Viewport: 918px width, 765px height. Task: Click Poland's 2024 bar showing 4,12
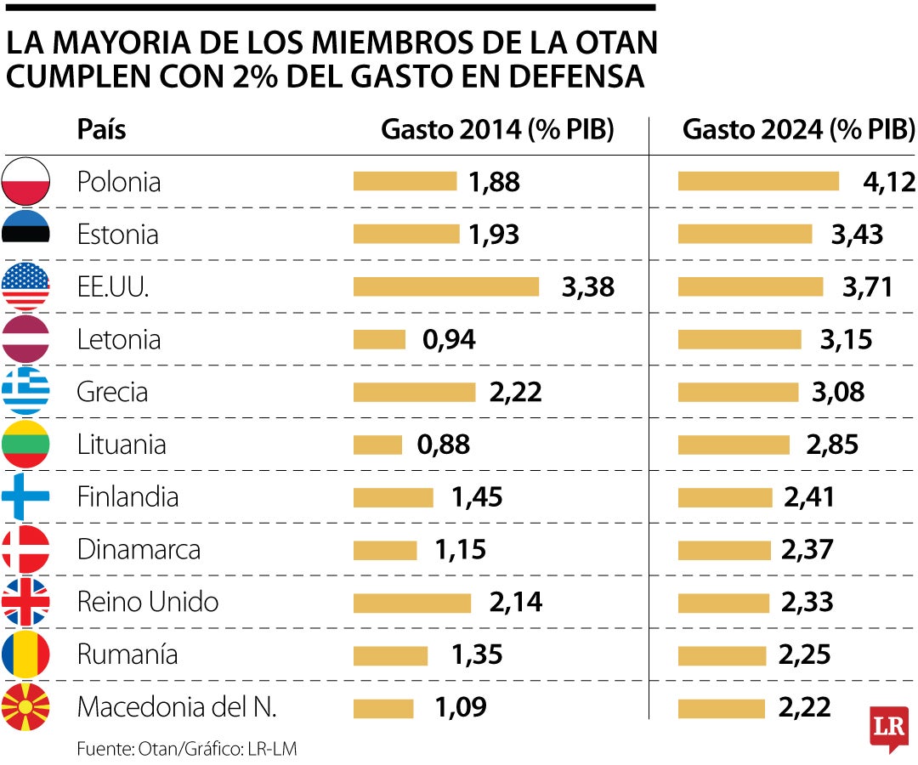click(x=758, y=181)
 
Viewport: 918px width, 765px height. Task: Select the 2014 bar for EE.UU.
click(x=445, y=286)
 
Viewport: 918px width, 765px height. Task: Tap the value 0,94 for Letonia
click(x=449, y=339)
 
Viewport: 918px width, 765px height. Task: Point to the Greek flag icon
click(x=25, y=391)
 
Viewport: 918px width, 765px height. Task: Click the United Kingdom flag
click(x=25, y=602)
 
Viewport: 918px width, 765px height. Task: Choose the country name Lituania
click(x=122, y=445)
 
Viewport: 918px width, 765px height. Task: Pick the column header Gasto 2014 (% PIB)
click(x=497, y=129)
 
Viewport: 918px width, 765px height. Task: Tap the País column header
click(x=101, y=129)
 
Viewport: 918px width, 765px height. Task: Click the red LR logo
click(x=889, y=728)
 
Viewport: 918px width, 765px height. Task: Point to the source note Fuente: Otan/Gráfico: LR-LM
click(x=187, y=749)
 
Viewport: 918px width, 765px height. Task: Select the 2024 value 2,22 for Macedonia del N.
click(x=804, y=707)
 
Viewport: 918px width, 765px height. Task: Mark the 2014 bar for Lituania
click(x=377, y=445)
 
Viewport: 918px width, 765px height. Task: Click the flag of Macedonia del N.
click(x=25, y=707)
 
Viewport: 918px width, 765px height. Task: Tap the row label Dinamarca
click(x=139, y=549)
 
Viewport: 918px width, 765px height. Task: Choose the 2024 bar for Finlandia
click(x=725, y=497)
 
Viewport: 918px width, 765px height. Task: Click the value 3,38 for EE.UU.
click(x=587, y=286)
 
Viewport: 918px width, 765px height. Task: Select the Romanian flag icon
click(x=25, y=654)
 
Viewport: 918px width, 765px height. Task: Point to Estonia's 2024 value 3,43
click(x=856, y=234)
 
